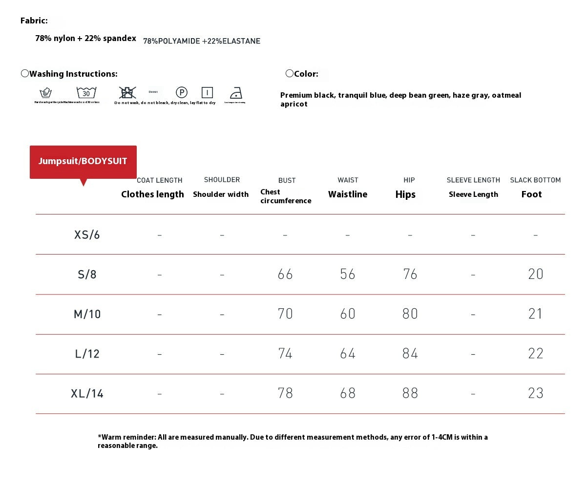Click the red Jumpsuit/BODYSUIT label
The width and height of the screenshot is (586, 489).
pyautogui.click(x=83, y=162)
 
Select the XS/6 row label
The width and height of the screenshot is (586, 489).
pyautogui.click(x=87, y=235)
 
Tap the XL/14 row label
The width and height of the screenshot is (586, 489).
pyautogui.click(x=87, y=394)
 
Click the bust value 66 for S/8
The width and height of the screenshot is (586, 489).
pyautogui.click(x=285, y=275)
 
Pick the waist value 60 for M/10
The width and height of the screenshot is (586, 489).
pyautogui.click(x=348, y=314)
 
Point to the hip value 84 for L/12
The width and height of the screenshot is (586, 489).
pyautogui.click(x=410, y=354)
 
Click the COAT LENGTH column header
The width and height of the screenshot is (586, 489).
pyautogui.click(x=160, y=180)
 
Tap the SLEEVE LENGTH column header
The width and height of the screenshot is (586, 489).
pyautogui.click(x=473, y=180)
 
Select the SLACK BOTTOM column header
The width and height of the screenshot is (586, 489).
pyautogui.click(x=535, y=180)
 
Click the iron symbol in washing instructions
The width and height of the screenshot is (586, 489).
pyautogui.click(x=236, y=93)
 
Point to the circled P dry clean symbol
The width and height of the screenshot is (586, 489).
pyautogui.click(x=182, y=92)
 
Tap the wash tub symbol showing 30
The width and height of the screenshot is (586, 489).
pyautogui.click(x=86, y=92)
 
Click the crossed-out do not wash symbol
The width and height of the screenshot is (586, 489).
pyautogui.click(x=127, y=92)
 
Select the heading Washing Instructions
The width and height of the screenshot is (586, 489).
pyautogui.click(x=73, y=74)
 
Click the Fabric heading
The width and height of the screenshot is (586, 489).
pyautogui.click(x=34, y=21)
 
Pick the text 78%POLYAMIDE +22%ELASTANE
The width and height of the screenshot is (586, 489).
pyautogui.click(x=202, y=42)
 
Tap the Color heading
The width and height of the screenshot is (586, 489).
pyautogui.click(x=306, y=74)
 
